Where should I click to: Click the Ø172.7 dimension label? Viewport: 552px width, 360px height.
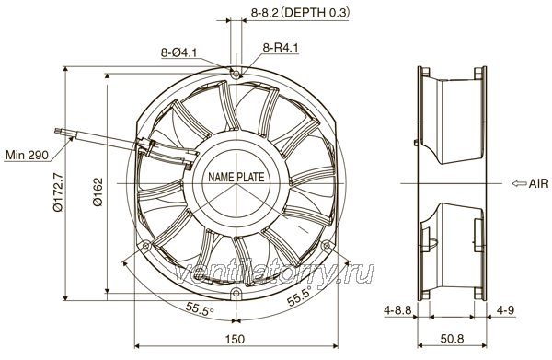(x=58, y=192)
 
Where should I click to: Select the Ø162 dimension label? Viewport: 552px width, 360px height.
(x=98, y=192)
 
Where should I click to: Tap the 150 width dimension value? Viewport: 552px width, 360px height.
(x=235, y=339)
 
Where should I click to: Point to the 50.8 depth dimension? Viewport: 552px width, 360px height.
(x=452, y=339)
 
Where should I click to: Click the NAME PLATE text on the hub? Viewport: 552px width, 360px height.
(x=236, y=177)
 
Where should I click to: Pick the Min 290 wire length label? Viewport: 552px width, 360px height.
(x=27, y=155)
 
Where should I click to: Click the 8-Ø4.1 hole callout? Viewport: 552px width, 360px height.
(x=178, y=52)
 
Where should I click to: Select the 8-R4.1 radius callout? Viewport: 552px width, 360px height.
(x=281, y=48)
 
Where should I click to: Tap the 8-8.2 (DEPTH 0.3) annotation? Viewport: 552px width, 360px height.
(x=300, y=13)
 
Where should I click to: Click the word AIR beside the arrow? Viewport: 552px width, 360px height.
(x=538, y=183)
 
